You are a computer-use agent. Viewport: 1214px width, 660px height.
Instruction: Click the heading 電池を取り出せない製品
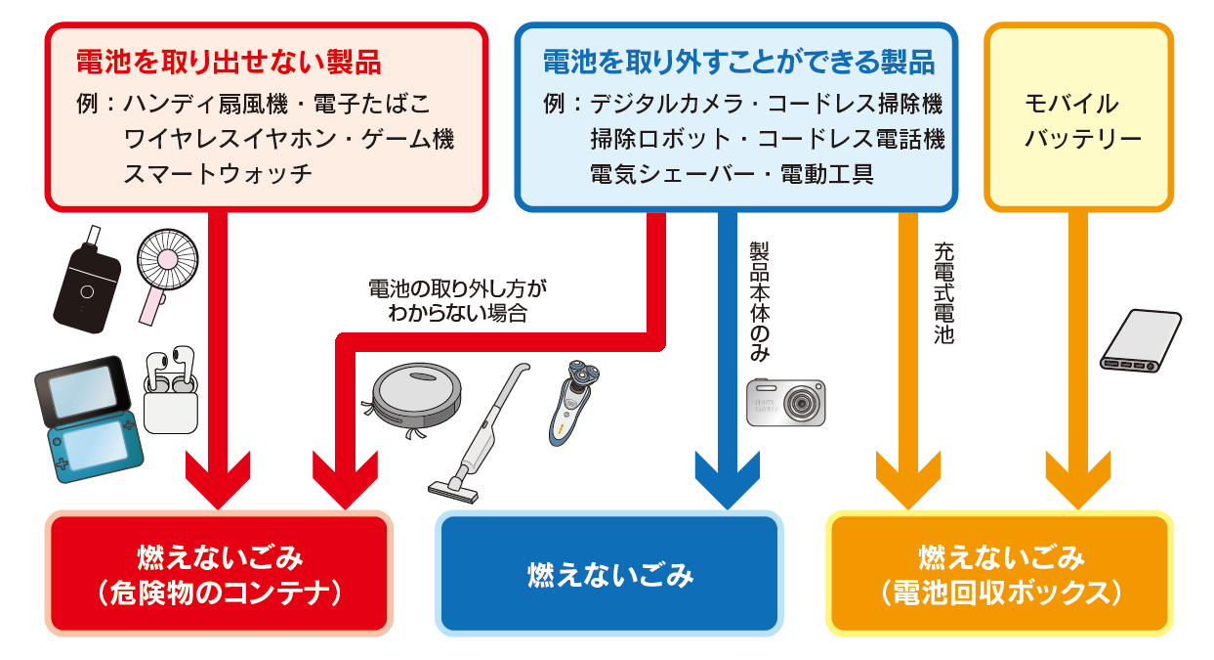[x=229, y=65]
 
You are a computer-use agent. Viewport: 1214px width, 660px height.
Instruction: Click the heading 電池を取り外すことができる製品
[x=738, y=65]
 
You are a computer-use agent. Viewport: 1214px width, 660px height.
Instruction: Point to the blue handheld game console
[x=88, y=417]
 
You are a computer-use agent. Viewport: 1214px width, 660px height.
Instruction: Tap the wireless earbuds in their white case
[x=170, y=390]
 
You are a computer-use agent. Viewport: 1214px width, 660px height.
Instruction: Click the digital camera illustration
[x=786, y=401]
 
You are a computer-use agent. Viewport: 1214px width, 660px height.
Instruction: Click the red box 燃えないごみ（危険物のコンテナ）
[x=219, y=573]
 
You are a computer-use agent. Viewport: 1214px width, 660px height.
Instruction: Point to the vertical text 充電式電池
[x=942, y=293]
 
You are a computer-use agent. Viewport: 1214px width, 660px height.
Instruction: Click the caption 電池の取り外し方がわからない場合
[x=457, y=301]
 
